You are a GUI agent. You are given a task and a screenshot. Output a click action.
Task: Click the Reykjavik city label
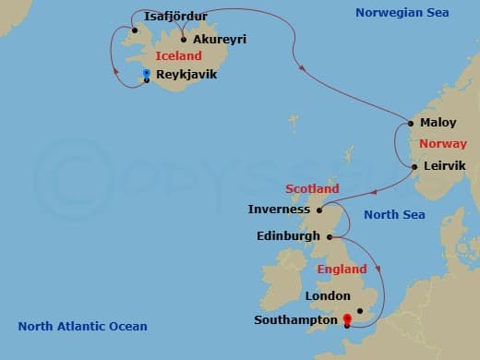pyautogui.click(x=186, y=74)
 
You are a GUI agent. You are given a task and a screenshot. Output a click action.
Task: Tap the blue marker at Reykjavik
pyautogui.click(x=146, y=73)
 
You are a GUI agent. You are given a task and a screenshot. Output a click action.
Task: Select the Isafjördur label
pyautogui.click(x=175, y=17)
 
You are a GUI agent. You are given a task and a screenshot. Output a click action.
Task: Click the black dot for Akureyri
pyautogui.click(x=185, y=40)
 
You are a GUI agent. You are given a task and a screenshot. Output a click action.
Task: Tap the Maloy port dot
pyautogui.click(x=411, y=123)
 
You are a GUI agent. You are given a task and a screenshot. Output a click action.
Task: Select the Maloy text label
pyautogui.click(x=438, y=123)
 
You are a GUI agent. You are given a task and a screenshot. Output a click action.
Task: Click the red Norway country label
pyautogui.click(x=443, y=144)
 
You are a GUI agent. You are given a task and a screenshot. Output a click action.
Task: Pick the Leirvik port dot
pyautogui.click(x=414, y=167)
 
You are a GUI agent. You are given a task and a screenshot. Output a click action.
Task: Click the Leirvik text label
pyautogui.click(x=444, y=167)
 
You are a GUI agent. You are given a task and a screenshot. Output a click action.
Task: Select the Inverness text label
pyautogui.click(x=279, y=210)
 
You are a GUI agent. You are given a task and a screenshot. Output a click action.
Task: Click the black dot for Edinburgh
pyautogui.click(x=319, y=236)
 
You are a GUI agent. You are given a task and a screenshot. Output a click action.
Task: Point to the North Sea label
pyautogui.click(x=394, y=215)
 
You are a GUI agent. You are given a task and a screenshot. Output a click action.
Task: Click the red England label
pyautogui.click(x=342, y=270)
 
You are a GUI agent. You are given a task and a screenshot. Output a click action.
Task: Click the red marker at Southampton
pyautogui.click(x=346, y=319)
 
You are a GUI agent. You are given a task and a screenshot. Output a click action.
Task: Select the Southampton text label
pyautogui.click(x=294, y=320)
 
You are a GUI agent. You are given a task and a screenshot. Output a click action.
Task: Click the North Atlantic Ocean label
pyautogui.click(x=83, y=326)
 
